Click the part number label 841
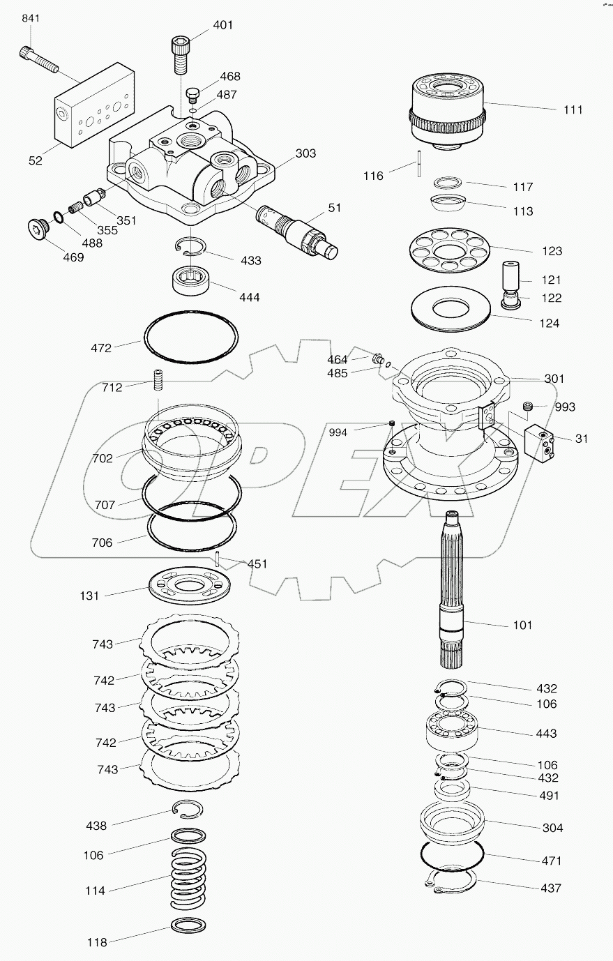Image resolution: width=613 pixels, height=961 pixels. point(31,18)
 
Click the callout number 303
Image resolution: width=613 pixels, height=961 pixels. point(305,153)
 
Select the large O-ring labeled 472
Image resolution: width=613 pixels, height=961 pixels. point(190,338)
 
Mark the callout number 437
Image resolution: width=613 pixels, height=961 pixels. point(550,888)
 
